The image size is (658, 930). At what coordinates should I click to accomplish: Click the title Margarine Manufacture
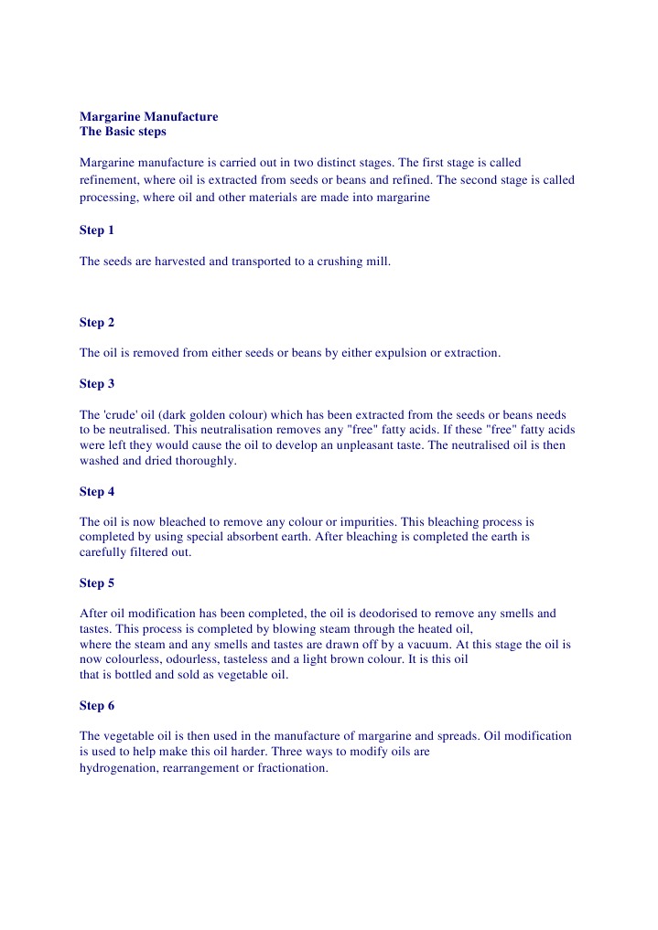148,117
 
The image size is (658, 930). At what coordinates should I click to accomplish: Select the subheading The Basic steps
123,132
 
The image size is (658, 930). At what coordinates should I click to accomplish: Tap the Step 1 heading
97,230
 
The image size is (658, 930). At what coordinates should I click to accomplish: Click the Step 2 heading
97,322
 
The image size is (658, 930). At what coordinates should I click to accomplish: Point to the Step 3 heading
97,384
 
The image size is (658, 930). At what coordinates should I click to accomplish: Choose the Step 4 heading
97,492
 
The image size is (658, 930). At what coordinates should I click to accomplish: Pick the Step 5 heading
97,583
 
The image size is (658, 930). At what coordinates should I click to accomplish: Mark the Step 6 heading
97,706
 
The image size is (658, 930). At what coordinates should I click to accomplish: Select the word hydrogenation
120,768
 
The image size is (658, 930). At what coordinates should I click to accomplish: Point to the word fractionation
291,768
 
